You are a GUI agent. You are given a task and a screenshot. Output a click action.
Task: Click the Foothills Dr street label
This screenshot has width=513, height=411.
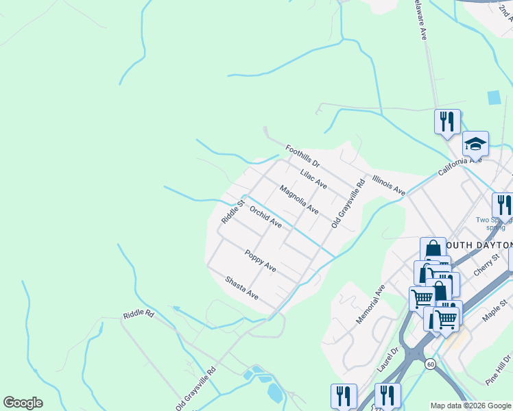click(302, 157)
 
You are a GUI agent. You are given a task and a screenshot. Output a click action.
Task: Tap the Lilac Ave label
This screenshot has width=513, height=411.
click(313, 179)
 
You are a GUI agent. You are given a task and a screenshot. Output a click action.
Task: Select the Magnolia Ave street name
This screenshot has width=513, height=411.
click(299, 199)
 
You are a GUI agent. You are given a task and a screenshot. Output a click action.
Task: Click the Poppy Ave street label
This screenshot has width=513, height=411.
click(261, 260)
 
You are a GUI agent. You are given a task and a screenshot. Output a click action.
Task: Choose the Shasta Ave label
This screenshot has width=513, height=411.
click(242, 288)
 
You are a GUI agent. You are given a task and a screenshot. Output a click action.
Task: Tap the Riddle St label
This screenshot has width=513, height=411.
click(233, 212)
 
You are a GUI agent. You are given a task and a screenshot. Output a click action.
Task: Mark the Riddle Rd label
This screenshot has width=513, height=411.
click(139, 315)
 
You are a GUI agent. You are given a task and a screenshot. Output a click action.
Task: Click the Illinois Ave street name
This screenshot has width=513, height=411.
click(389, 185)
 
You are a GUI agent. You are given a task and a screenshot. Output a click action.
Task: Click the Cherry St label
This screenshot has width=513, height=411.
click(489, 263)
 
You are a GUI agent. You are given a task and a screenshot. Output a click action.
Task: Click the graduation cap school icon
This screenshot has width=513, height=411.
click(475, 144)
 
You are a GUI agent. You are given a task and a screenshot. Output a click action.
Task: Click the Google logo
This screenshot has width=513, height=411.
click(23, 403)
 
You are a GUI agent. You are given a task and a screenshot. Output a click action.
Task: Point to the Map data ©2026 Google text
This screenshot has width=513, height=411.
click(470, 406)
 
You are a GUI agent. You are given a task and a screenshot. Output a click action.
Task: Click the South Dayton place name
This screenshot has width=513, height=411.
click(478, 245)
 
